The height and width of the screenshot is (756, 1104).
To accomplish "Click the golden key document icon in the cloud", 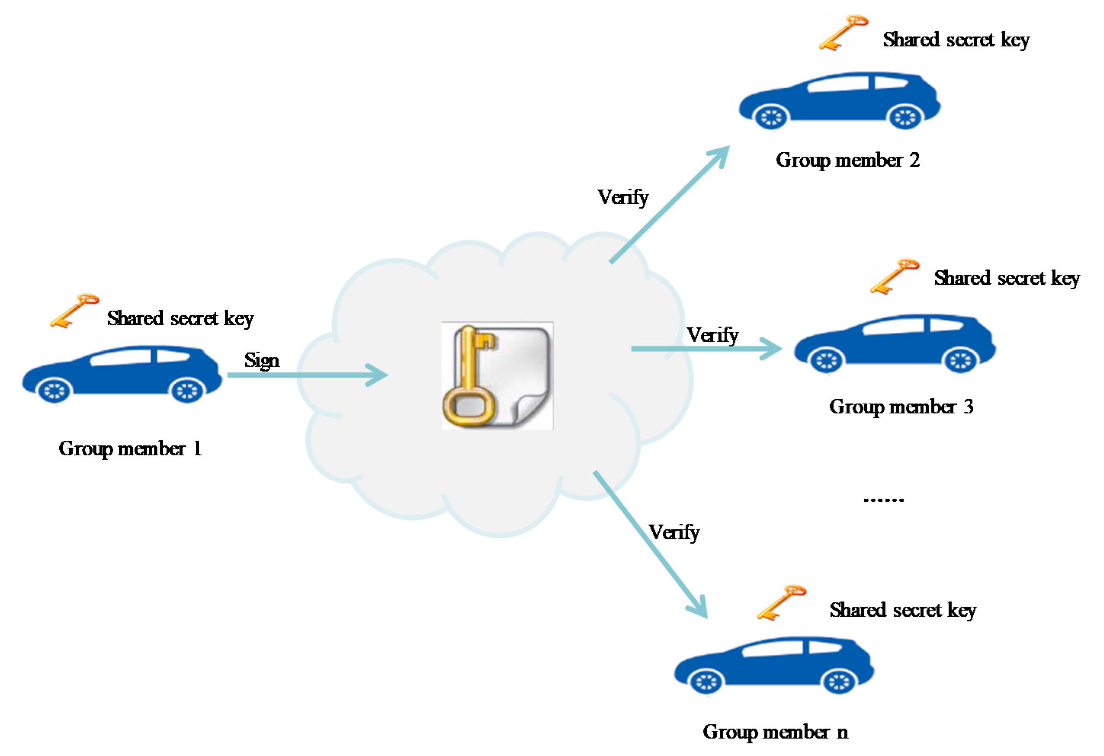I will pyautogui.click(x=497, y=376).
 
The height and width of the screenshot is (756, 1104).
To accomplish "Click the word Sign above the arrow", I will pyautogui.click(x=262, y=360).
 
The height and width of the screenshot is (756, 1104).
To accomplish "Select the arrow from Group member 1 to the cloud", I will pyautogui.click(x=306, y=375).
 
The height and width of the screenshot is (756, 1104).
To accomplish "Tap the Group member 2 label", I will pyautogui.click(x=848, y=160).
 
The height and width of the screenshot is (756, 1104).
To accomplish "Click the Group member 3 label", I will pyautogui.click(x=901, y=407).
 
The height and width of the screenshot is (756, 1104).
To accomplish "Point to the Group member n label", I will pyautogui.click(x=775, y=732).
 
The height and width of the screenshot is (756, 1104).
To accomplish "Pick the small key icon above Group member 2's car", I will pyautogui.click(x=843, y=32).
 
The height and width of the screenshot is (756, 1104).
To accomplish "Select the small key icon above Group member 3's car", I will pyautogui.click(x=894, y=276).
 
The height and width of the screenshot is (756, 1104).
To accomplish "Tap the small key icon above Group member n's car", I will pyautogui.click(x=781, y=602).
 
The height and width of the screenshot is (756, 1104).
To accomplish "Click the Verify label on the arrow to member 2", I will pyautogui.click(x=623, y=197).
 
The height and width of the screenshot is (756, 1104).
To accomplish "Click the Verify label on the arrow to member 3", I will pyautogui.click(x=712, y=335).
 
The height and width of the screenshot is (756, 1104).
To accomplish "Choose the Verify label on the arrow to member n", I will pyautogui.click(x=674, y=532).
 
